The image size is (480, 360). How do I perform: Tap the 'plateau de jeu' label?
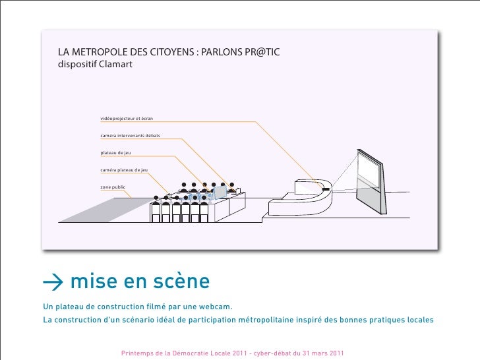[x=116, y=153]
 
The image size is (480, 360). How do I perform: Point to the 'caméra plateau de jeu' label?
[x=124, y=170]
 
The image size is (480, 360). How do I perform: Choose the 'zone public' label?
[x=113, y=187]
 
